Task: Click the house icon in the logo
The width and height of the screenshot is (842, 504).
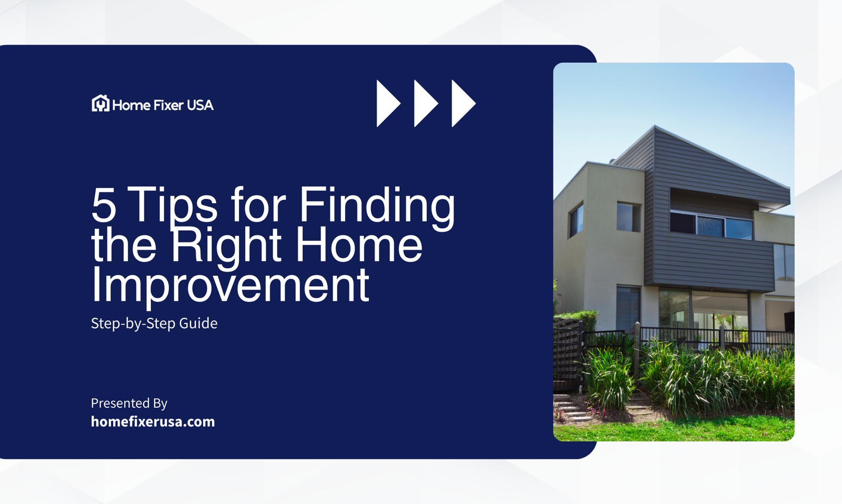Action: coord(100,104)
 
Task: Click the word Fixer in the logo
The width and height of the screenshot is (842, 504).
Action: coord(168,105)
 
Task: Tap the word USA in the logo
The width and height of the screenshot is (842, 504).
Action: coord(200,105)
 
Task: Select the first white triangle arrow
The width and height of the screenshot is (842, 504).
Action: coord(388,103)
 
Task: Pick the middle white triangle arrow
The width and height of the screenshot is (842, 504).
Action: coord(425,103)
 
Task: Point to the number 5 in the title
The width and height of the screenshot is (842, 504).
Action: coord(104,205)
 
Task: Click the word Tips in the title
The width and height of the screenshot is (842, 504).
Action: coord(173,205)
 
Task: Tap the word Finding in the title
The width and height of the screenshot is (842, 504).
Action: coord(377,205)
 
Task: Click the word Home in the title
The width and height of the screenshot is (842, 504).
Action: coord(359,245)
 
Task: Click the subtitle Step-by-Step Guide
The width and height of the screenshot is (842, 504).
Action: coord(154,323)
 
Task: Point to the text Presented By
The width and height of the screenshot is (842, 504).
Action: coord(129,403)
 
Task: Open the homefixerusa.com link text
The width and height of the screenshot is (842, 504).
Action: coord(153,421)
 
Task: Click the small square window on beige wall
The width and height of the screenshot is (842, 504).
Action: coord(628,216)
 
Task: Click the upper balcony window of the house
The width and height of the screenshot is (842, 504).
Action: coord(710,225)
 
